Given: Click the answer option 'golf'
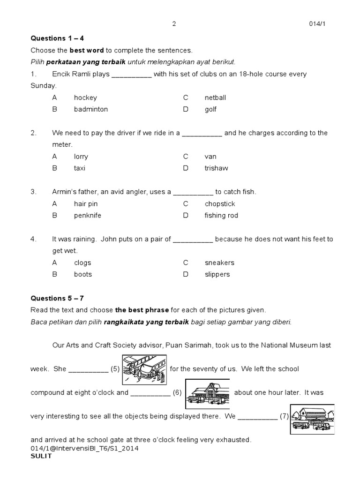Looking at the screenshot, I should pos(210,109).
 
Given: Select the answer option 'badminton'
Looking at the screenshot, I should pos(90,109).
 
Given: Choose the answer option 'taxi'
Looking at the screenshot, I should pos(80,168).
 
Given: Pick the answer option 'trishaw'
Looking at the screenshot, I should pos(216,168).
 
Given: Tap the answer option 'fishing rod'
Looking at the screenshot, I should pos(221,215).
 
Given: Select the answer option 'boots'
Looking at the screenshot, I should pos(83,274).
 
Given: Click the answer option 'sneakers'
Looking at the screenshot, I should pos(219,262).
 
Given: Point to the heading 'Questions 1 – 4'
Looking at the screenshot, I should pos(57,38).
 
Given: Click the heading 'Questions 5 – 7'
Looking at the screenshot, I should pos(57,298).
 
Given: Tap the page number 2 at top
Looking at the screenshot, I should pos(174,24).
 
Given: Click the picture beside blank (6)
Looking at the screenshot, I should pos(207,392).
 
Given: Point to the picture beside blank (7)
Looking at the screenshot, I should pos(312,416).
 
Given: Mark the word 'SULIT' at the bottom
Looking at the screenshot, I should pos(41,456).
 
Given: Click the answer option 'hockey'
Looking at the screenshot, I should pos(85,97).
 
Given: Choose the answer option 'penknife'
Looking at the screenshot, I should pos(88,215).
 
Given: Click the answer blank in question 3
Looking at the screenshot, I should pos(193,192).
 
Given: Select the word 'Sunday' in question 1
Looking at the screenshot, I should pos(43,86).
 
